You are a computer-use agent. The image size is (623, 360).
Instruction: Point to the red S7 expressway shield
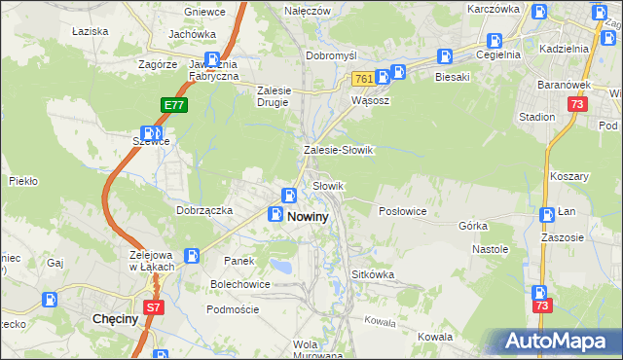click(x=153, y=307)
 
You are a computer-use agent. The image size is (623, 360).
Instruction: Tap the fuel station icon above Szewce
click(x=152, y=132)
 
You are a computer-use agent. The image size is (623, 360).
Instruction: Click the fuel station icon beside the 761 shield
click(x=397, y=74)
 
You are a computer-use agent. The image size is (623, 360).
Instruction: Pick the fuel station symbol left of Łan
click(x=548, y=214)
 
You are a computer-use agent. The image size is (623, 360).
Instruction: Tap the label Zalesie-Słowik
click(x=339, y=151)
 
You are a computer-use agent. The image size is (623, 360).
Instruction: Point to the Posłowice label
click(x=402, y=211)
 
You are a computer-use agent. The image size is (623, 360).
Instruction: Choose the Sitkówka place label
click(x=373, y=274)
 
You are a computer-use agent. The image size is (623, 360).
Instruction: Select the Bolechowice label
click(x=238, y=284)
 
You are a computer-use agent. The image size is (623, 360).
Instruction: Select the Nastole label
click(x=491, y=249)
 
